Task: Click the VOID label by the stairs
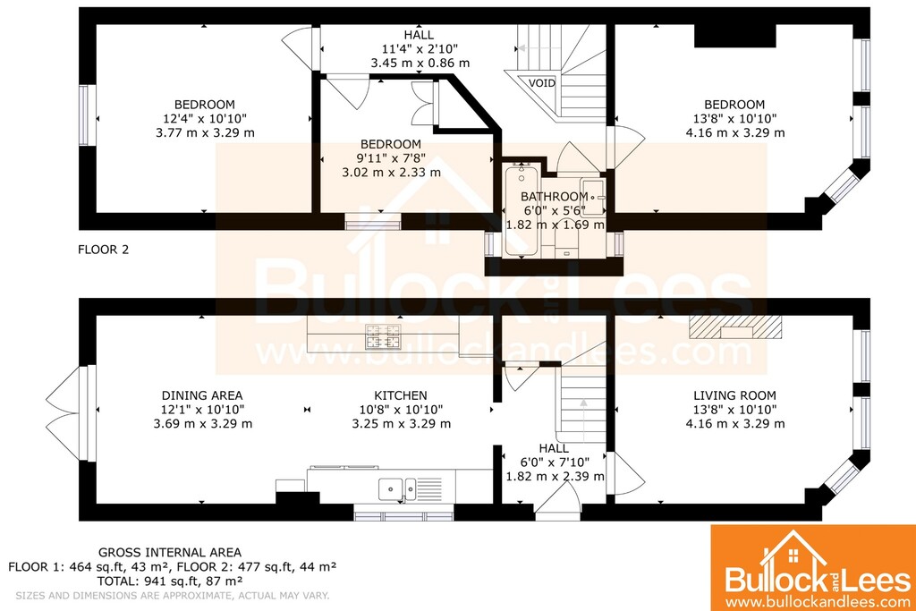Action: pyautogui.click(x=541, y=83)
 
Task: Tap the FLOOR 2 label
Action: pyautogui.click(x=104, y=250)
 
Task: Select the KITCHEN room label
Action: pyautogui.click(x=401, y=395)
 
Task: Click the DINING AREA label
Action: pyautogui.click(x=202, y=395)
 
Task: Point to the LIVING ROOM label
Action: pyautogui.click(x=735, y=395)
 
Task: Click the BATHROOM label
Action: pyautogui.click(x=555, y=196)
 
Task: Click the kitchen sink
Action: pyautogui.click(x=397, y=489)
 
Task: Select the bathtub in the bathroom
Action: pyautogui.click(x=522, y=210)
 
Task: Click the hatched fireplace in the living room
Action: pyautogui.click(x=735, y=327)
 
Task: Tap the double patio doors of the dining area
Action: pyautogui.click(x=64, y=413)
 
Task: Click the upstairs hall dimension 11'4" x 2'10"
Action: pyautogui.click(x=420, y=48)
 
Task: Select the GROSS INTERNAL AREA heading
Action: pyautogui.click(x=169, y=552)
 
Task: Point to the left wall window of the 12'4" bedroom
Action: pyautogui.click(x=85, y=115)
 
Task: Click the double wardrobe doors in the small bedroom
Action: pyautogui.click(x=423, y=104)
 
